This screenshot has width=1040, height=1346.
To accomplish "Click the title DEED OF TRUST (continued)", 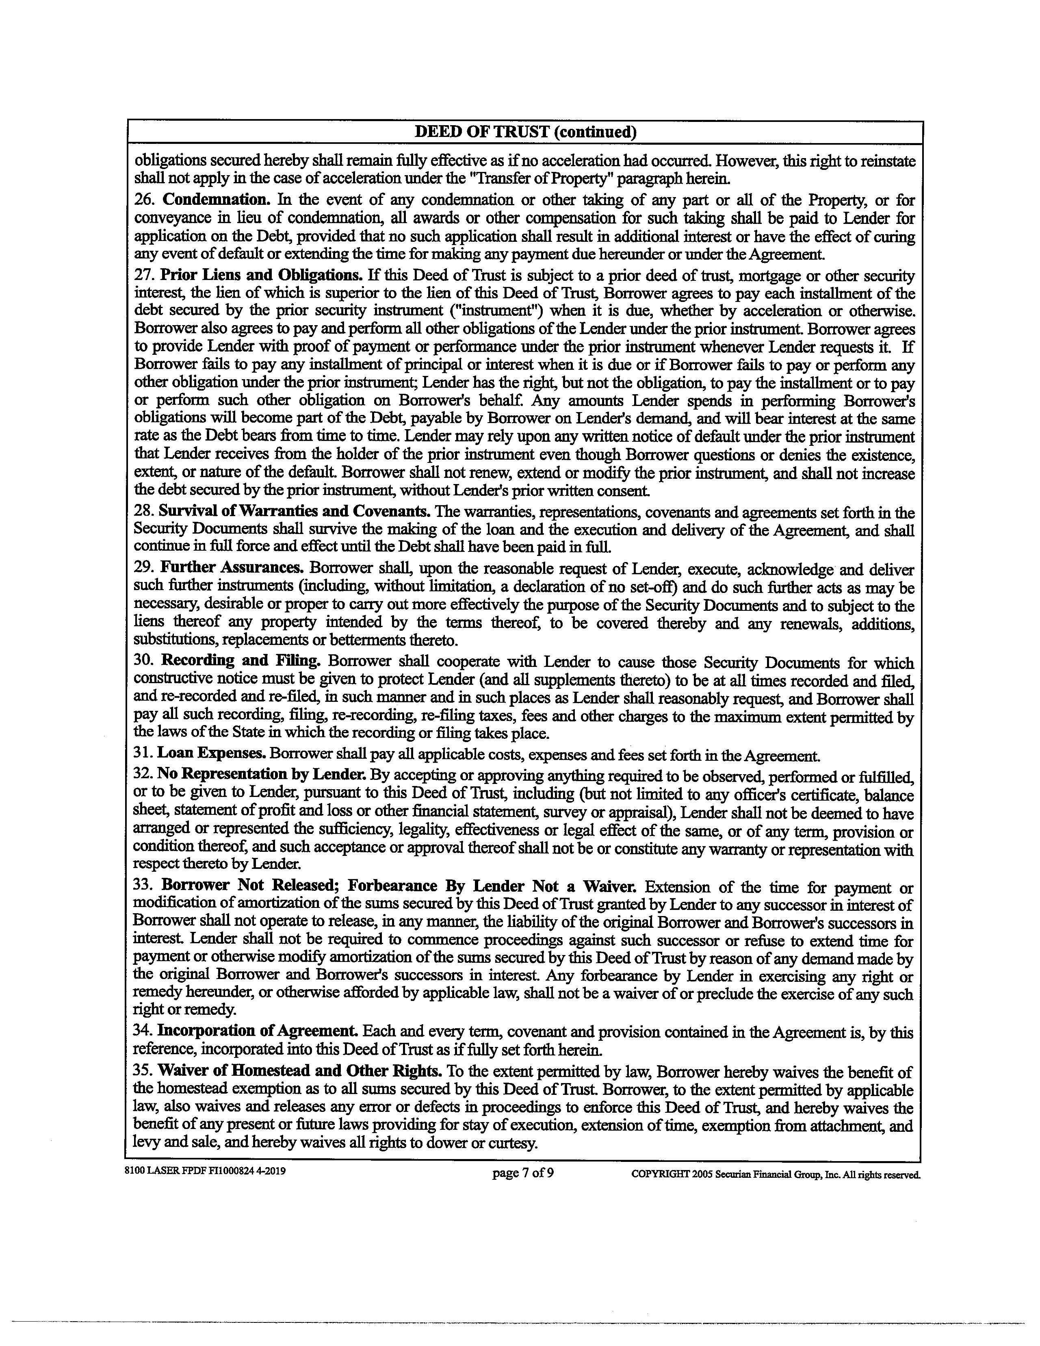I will (525, 132).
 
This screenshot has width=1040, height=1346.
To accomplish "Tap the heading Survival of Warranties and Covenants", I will (295, 512).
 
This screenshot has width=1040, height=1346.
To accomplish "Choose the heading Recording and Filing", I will (241, 661).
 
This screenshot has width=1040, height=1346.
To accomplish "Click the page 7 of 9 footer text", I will (523, 1172).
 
